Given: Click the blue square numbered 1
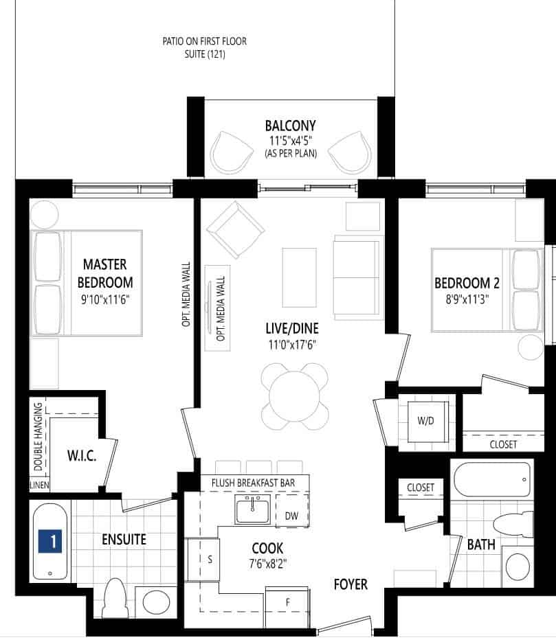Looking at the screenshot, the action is click(50, 541).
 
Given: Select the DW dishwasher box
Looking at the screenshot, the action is click(291, 510).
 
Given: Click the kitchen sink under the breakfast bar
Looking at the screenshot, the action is click(252, 509).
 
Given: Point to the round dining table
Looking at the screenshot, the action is click(294, 396).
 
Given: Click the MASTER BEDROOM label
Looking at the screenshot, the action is click(105, 273).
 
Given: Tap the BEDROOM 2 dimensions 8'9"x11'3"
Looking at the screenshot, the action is click(467, 299).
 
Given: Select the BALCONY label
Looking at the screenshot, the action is click(291, 126).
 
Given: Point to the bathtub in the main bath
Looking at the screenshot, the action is click(492, 479).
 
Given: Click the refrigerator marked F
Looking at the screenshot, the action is click(288, 607).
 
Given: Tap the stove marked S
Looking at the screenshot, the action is click(203, 560).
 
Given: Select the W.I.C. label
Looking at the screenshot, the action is click(82, 455).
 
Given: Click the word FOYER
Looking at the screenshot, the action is click(351, 584).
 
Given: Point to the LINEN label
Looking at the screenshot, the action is click(40, 485).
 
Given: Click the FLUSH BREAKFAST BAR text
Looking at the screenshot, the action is click(253, 483).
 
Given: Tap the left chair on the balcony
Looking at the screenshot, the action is click(230, 152).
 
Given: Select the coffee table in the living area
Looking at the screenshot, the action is click(299, 277).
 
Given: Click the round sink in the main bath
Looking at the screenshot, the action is click(518, 566).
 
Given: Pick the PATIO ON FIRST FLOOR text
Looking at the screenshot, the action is click(204, 41).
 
